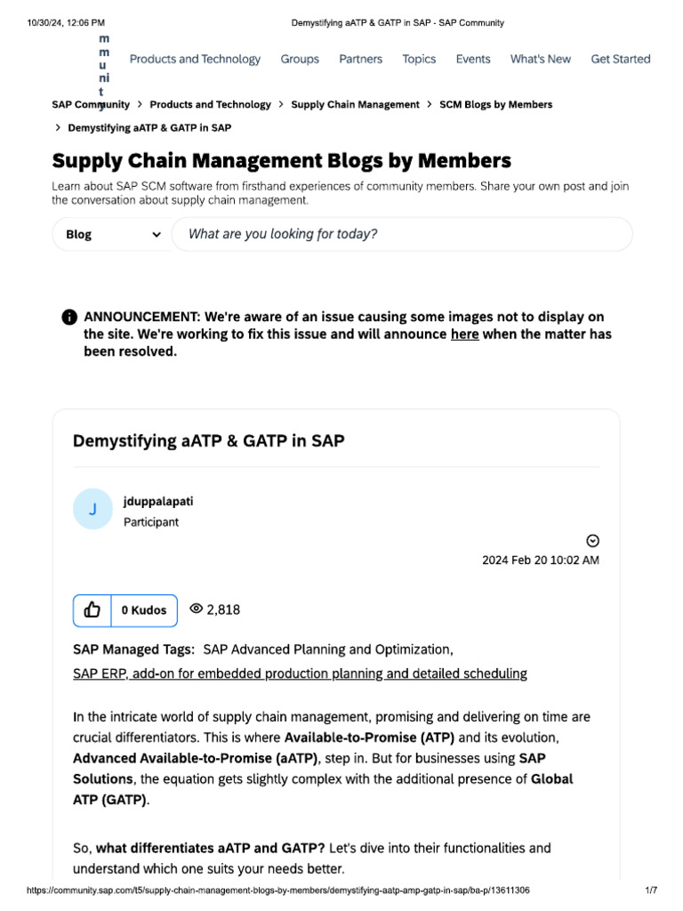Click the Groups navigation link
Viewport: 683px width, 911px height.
(300, 60)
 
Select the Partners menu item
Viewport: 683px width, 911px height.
(360, 60)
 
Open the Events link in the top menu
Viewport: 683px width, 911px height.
(473, 60)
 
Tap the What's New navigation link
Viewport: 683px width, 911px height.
(540, 60)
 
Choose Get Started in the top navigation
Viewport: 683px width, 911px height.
(621, 60)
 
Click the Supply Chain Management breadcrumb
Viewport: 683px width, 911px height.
(355, 105)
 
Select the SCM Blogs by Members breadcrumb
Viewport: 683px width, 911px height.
(495, 105)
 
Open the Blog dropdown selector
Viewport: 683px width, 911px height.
(112, 235)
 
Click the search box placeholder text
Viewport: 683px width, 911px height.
(283, 234)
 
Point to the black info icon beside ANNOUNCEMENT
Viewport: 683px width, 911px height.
(69, 318)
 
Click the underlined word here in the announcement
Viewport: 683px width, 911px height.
(464, 335)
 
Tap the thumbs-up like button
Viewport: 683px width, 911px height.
(92, 610)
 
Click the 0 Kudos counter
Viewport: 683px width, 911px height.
(144, 610)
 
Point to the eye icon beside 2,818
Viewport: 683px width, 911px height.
(197, 609)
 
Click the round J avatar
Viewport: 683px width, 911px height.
(92, 510)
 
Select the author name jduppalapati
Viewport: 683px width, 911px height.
(158, 502)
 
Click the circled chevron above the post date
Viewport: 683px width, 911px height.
(593, 541)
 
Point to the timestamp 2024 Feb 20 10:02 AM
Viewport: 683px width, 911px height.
(540, 560)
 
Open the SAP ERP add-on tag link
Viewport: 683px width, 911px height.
(300, 674)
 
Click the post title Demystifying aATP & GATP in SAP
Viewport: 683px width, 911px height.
(208, 441)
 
